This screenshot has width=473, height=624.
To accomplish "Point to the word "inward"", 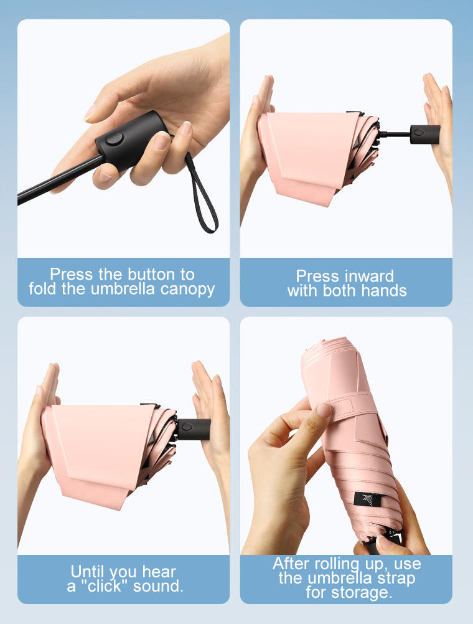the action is click(x=368, y=276).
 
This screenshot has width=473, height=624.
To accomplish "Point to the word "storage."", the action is click(x=362, y=593).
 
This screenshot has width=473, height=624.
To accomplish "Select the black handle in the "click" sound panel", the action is click(x=194, y=429).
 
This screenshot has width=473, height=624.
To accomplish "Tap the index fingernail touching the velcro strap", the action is click(x=324, y=410).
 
